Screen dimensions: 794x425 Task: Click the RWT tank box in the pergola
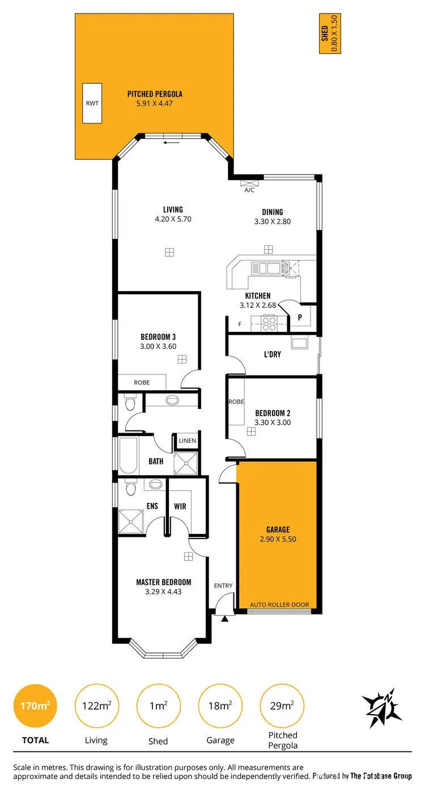92,103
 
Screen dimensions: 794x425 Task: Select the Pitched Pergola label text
155,94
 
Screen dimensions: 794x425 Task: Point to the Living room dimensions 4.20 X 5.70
172,219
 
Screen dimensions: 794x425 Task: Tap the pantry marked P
299,318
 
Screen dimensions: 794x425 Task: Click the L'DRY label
273,354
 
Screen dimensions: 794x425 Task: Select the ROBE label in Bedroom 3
142,382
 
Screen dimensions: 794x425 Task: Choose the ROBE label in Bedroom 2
236,402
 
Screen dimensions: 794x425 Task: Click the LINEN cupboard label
187,441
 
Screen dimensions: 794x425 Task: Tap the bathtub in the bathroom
128,455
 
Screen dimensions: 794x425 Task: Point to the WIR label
180,506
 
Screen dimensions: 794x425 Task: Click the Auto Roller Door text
279,604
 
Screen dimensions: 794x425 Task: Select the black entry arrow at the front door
224,618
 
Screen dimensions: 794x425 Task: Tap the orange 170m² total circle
35,706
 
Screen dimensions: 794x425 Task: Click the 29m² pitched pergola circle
282,706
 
